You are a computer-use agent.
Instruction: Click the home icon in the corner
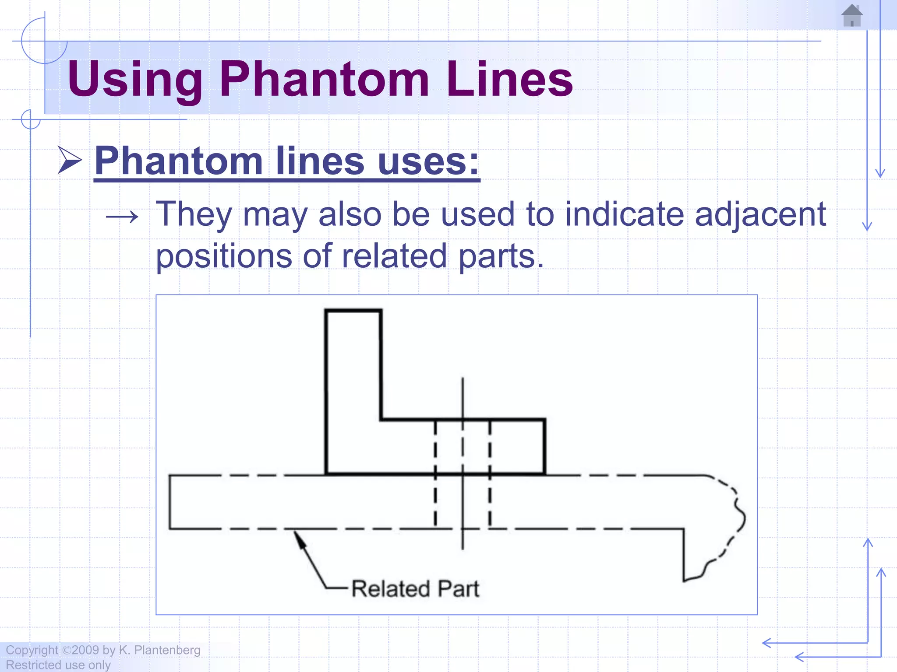[x=852, y=16]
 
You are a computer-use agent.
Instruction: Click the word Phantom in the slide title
[x=324, y=79]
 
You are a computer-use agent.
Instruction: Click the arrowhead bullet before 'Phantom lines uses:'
[x=70, y=161]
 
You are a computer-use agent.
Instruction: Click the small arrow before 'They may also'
[x=122, y=216]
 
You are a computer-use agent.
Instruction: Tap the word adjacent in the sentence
[x=760, y=214]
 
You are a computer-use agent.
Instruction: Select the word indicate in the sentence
[x=624, y=214]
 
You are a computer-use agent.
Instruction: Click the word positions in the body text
[x=224, y=256]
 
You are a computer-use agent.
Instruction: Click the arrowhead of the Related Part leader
[x=299, y=539]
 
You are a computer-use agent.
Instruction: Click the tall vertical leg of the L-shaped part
[x=353, y=389]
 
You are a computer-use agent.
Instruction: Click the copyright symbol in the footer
[x=67, y=650]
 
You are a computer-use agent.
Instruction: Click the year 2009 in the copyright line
[x=85, y=650]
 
